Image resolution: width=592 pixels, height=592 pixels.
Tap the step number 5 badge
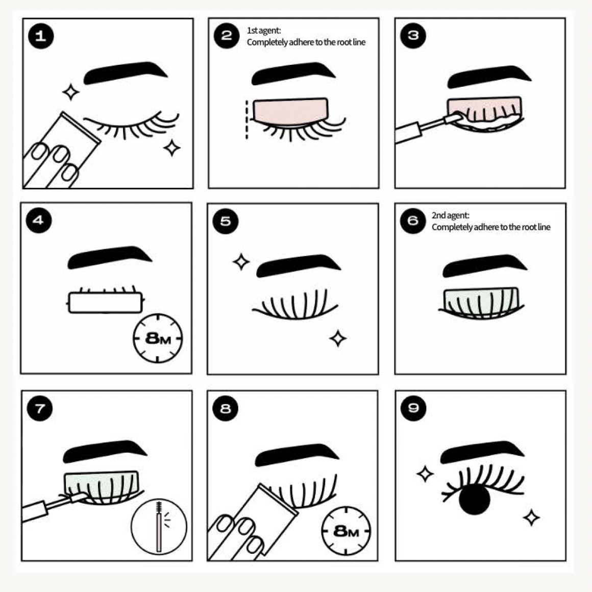[x=226, y=221]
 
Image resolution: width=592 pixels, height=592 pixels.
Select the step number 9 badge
[x=413, y=408]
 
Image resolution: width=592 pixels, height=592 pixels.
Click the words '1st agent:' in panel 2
[x=263, y=31]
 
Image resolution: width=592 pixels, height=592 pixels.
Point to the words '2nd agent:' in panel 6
[x=450, y=215]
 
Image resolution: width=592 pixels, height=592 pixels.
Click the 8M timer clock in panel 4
[x=158, y=338]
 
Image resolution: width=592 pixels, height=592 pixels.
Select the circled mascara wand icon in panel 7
[x=159, y=526]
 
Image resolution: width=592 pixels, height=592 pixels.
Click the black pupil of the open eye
[x=475, y=499]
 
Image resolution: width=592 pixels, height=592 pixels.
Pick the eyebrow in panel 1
[x=126, y=72]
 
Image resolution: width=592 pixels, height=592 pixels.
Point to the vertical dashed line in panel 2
[x=246, y=119]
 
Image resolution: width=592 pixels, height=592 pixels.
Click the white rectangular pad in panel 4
[x=105, y=302]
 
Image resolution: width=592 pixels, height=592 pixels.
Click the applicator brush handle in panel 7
[x=43, y=509]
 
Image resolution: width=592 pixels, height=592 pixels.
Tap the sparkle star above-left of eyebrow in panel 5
[x=241, y=262]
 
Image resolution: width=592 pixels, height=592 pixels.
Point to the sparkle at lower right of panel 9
[x=531, y=517]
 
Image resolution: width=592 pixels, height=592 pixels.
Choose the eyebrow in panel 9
[x=482, y=451]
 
